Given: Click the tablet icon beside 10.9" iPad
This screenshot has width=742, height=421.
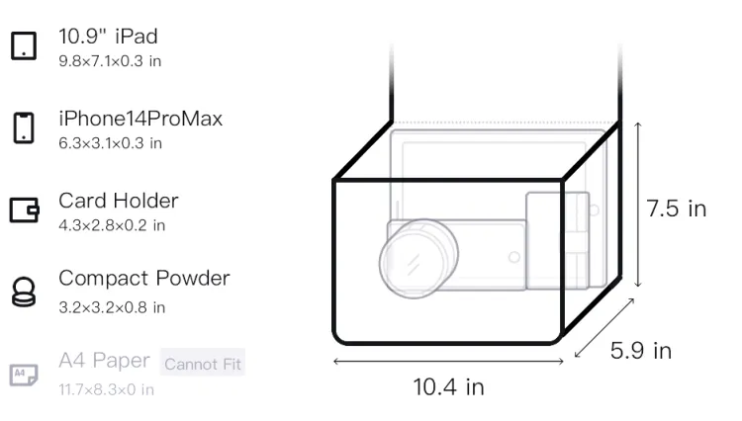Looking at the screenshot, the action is click(x=24, y=45).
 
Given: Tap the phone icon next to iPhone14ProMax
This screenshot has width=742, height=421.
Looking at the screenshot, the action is click(x=24, y=127).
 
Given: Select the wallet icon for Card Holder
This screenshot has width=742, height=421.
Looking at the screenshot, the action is click(x=24, y=210).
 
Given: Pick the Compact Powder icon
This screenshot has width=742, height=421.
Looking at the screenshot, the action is click(x=24, y=292).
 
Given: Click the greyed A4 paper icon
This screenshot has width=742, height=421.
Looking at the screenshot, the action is click(x=24, y=375).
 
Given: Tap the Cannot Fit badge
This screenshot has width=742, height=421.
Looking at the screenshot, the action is click(x=203, y=363).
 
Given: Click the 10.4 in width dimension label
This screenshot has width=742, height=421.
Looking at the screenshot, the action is click(x=448, y=387).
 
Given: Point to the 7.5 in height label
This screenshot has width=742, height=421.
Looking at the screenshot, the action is click(x=677, y=209).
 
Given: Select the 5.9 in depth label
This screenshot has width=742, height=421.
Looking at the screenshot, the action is click(x=641, y=351).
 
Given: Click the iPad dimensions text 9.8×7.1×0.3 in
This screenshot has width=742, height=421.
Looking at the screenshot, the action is click(x=110, y=61).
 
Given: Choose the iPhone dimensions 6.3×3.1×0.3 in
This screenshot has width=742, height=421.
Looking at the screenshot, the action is click(x=110, y=143).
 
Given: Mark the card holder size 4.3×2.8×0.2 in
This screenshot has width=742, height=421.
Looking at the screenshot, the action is click(x=112, y=225).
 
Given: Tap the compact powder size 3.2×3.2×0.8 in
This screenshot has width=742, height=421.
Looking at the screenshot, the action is click(x=112, y=307).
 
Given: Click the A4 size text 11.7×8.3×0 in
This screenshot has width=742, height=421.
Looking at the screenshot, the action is click(x=107, y=389).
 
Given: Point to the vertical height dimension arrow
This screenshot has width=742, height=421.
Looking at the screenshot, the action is click(x=638, y=205).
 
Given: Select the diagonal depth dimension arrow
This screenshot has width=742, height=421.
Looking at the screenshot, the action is click(x=604, y=328).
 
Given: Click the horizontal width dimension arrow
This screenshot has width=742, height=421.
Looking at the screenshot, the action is click(x=448, y=362).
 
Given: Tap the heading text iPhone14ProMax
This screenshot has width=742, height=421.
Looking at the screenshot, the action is click(x=140, y=119).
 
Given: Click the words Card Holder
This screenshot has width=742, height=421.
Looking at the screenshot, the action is click(x=119, y=201).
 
